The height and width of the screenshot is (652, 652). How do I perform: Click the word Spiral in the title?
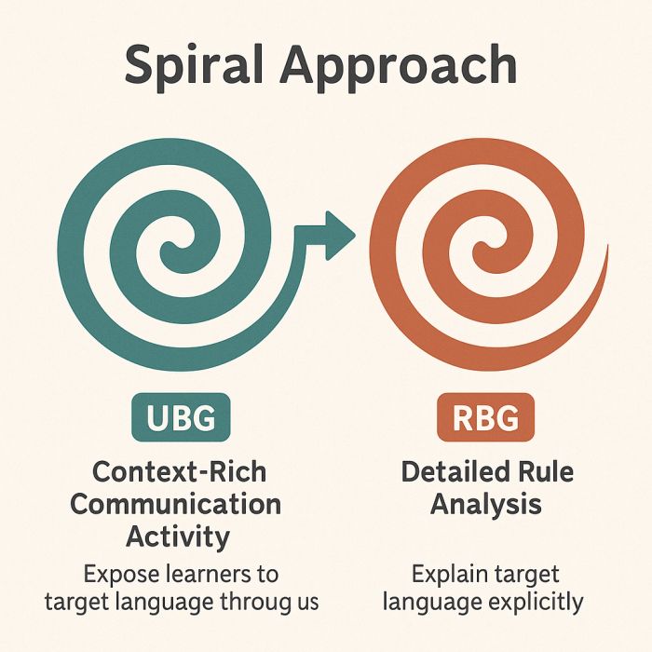point(194,67)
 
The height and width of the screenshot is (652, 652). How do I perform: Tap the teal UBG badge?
point(181,417)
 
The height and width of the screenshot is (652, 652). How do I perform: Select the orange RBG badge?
point(485,417)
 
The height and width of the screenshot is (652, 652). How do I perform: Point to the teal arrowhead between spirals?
point(340,236)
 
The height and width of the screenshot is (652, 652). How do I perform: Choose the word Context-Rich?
point(179,472)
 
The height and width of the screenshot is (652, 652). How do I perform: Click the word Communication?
point(175,505)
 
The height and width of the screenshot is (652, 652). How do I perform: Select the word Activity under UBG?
point(178,537)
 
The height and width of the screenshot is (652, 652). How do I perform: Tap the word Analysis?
point(485,505)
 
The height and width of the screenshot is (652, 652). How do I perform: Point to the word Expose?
point(121,575)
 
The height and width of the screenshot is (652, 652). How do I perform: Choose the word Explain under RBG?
point(450,576)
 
